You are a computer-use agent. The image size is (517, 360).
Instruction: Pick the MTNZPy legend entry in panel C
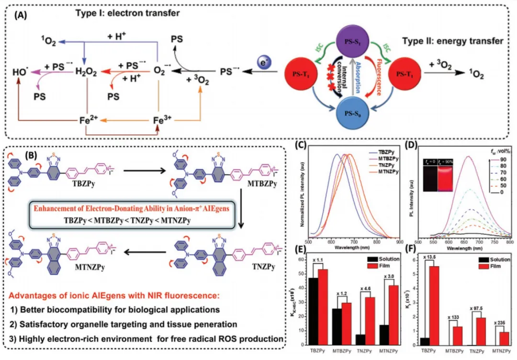coord(386,171)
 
